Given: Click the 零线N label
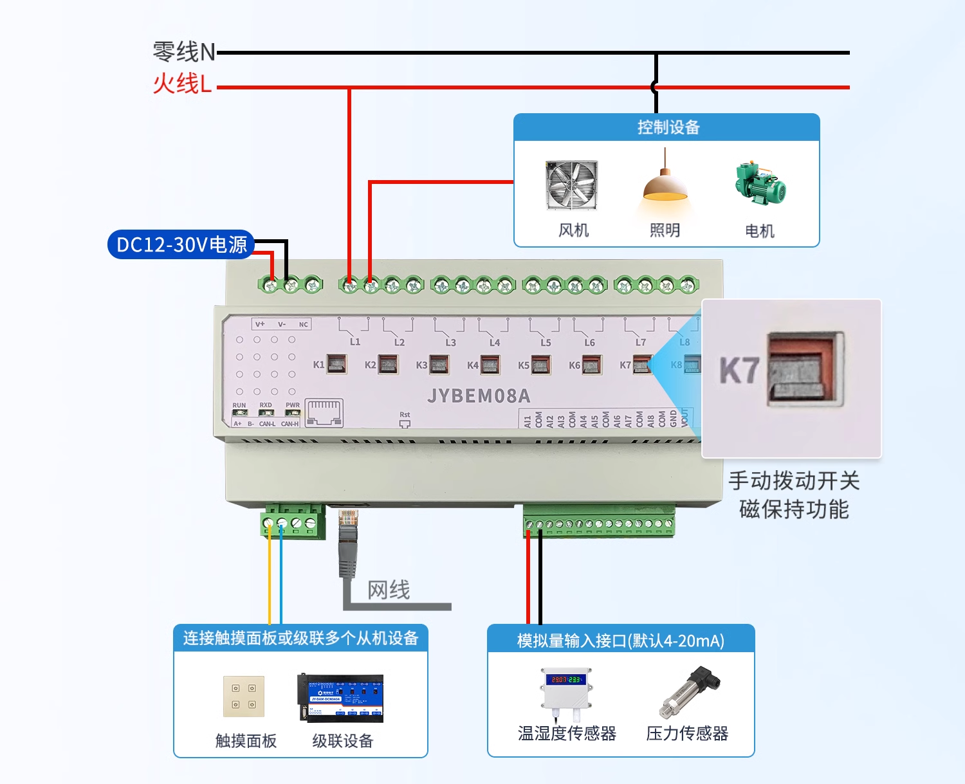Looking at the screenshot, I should point(183,52).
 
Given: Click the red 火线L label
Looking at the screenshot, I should point(182,84).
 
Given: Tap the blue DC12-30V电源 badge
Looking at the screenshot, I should point(181,244).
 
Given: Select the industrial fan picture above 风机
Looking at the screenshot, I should point(572,185).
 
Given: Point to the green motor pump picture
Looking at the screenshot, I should point(760,183).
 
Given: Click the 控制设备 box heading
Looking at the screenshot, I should point(668,127).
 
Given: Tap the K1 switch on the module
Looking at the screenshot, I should point(336,365).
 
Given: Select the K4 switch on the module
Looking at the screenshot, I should point(490,365).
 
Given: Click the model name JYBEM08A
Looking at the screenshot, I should point(479,396).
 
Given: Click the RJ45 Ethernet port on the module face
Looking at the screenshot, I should point(324,412).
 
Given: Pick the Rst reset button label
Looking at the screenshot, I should point(405,415).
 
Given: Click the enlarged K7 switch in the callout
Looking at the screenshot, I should point(804,370).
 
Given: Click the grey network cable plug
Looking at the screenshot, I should point(347,540).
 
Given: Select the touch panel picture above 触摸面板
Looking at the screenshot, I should point(244,697).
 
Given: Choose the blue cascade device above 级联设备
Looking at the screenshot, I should point(340,698).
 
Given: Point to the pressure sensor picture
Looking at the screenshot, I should point(688,692).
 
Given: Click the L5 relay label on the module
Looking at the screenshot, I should point(546,343).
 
